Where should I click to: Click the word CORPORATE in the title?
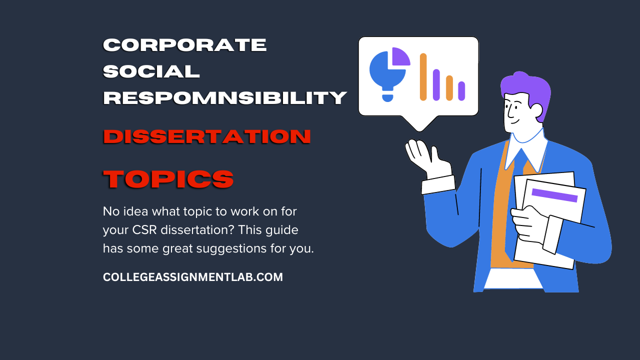(184, 45)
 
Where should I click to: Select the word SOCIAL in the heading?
(151, 71)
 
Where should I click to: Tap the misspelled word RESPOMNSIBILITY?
(225, 97)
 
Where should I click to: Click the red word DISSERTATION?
(207, 136)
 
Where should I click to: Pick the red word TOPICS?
(168, 179)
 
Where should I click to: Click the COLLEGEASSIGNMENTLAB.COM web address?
(193, 277)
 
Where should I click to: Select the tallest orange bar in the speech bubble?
(423, 77)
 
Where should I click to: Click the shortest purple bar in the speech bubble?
(461, 91)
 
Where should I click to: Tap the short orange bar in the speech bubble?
(449, 88)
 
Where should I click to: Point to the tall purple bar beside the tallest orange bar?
(436, 85)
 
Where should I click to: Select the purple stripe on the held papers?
(554, 195)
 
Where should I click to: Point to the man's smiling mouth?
(514, 121)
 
